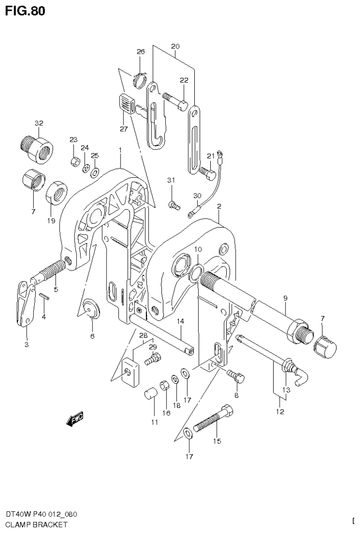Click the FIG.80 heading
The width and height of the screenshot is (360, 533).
pos(25,10)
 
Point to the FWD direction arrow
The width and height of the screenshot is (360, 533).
pos(76,419)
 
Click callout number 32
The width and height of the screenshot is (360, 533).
pos(38,123)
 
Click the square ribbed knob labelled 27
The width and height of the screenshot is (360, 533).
pos(126,103)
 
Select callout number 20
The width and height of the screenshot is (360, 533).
pos(175,46)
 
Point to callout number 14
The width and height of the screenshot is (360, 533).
pos(181,321)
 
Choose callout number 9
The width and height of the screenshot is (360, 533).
pos(284,298)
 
